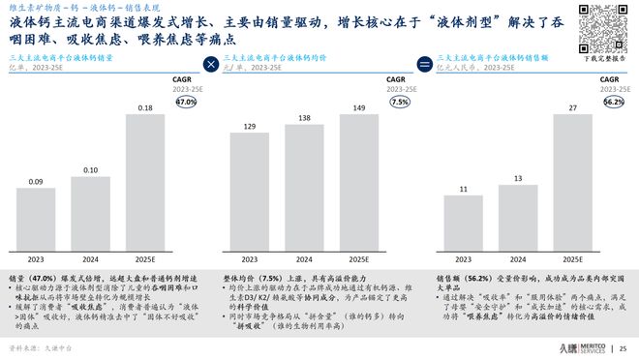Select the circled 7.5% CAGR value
(x=397, y=101)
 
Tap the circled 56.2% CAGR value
(x=613, y=101)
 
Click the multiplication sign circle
(x=211, y=65)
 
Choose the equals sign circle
(x=423, y=65)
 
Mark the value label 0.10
(x=91, y=170)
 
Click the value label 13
(x=518, y=178)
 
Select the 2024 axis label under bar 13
(x=518, y=259)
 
